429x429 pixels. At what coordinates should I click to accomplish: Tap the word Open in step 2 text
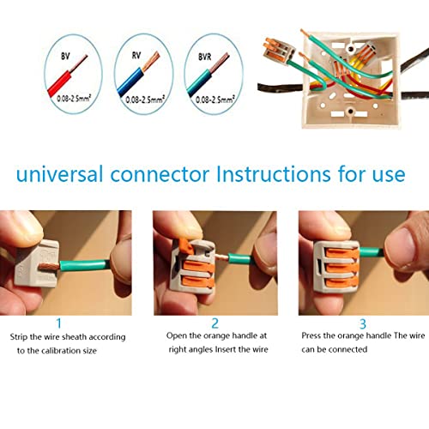[177, 335]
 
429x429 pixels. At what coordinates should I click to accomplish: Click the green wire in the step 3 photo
[369, 251]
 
